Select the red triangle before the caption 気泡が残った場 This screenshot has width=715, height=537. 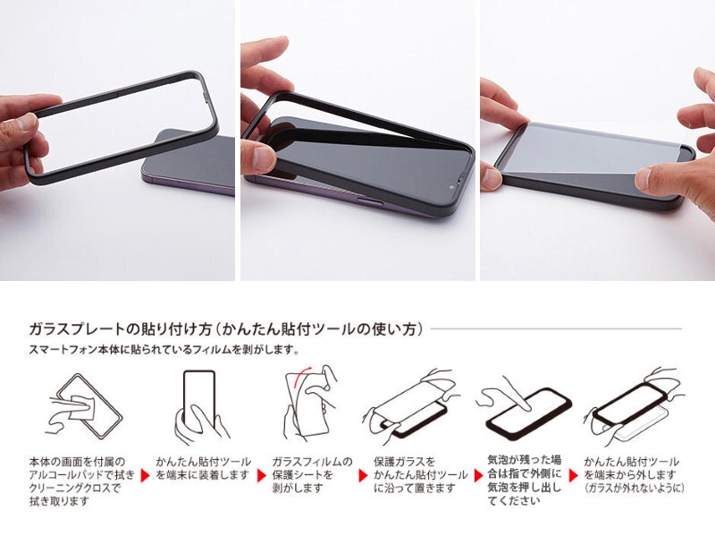click(478, 475)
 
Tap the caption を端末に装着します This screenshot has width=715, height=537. click(202, 475)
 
